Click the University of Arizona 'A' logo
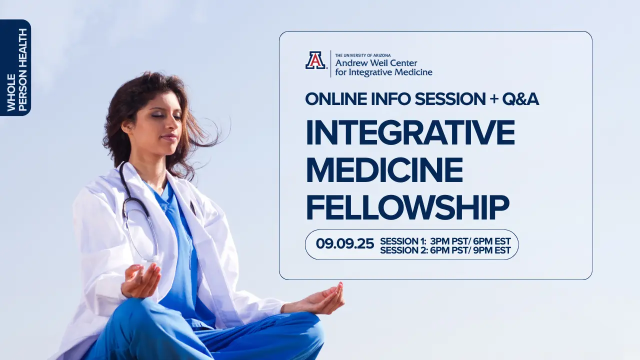coord(315,60)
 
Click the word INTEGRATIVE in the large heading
coord(410,133)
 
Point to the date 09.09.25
coord(345,243)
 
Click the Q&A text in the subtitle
coord(520,99)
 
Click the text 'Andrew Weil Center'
coord(376,62)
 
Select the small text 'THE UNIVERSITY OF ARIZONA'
coord(363,55)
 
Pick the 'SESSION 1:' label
coord(403,241)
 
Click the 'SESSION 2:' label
coord(403,250)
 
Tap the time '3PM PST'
coord(449,241)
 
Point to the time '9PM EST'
coord(491,250)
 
